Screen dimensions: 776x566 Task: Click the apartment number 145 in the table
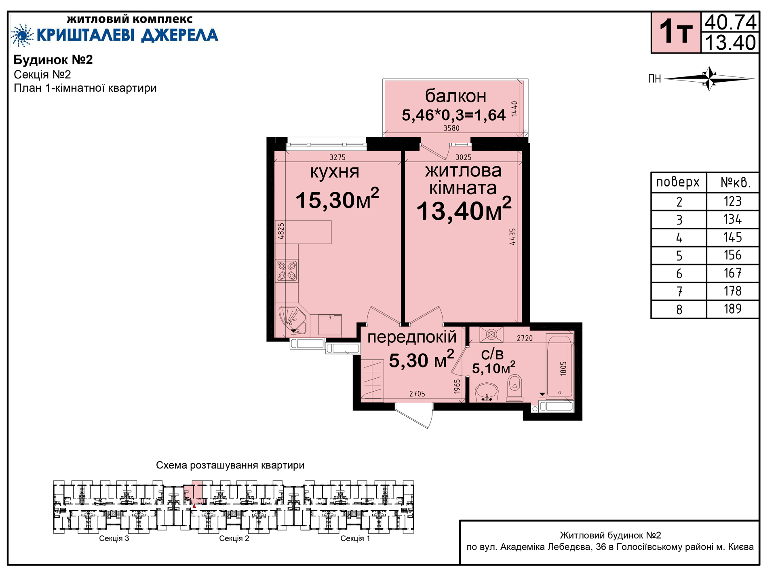point(732,237)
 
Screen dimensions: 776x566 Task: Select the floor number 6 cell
point(679,273)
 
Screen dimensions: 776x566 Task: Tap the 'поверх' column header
point(678,182)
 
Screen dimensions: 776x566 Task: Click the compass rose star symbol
point(709,78)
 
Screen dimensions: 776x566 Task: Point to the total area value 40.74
point(730,22)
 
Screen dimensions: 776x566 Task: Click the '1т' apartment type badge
point(676,32)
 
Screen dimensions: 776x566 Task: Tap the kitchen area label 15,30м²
point(337,199)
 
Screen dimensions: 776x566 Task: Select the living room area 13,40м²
point(464,210)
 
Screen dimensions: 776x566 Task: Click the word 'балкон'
point(455,96)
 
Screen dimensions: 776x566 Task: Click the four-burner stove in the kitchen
point(287,271)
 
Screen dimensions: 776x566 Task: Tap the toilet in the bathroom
point(515,388)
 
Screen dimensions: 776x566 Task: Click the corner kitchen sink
point(292,320)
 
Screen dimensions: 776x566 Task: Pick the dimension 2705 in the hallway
point(417,394)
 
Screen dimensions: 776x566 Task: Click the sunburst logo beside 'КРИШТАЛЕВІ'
point(22,36)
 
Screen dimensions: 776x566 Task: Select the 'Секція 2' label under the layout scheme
point(234,538)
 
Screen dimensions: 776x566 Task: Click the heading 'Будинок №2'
point(53,60)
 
